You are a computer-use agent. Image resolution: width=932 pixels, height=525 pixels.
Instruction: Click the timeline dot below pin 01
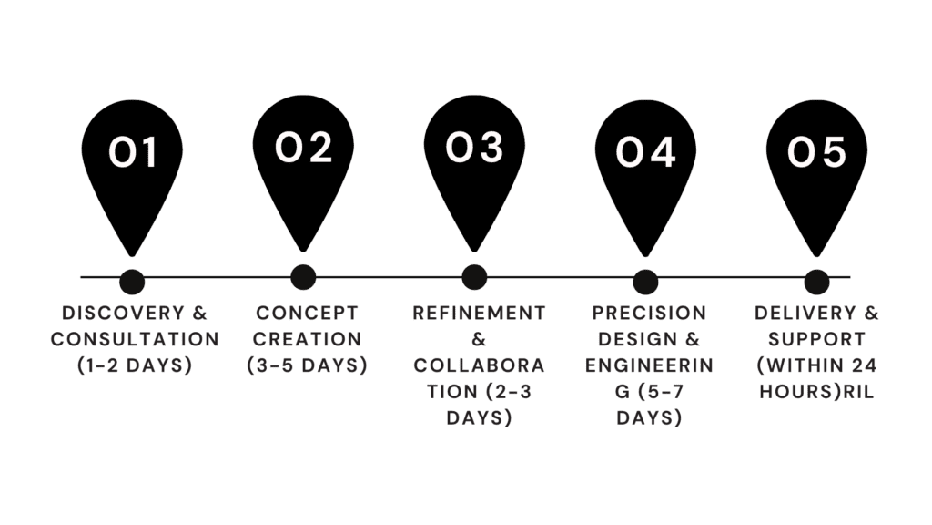132,283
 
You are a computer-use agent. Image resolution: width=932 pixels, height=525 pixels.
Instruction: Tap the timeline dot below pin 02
303,277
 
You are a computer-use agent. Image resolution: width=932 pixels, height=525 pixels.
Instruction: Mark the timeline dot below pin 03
474,277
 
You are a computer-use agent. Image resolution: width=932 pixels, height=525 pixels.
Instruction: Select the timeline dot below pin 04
645,283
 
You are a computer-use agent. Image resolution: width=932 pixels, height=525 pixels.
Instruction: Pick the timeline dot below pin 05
816,283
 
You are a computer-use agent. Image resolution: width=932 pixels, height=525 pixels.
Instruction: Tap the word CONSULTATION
135,339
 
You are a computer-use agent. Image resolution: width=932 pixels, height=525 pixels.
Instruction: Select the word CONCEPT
308,314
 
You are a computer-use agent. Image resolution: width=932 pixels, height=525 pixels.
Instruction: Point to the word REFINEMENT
479,314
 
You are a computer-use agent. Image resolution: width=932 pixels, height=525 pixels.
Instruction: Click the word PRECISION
649,314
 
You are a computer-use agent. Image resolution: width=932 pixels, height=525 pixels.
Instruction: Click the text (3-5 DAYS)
308,365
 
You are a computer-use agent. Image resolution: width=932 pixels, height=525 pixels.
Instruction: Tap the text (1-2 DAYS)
135,365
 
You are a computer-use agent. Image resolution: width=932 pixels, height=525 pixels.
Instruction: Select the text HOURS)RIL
816,392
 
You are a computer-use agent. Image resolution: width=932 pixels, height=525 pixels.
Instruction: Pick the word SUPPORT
816,339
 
